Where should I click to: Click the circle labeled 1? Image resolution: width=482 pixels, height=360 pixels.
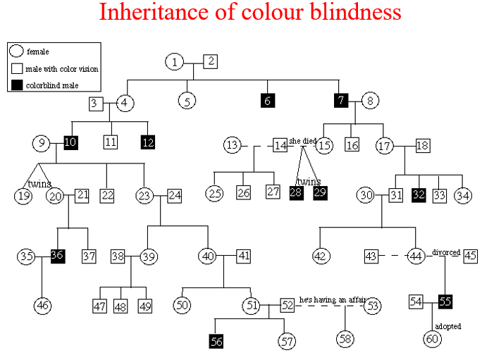(175, 63)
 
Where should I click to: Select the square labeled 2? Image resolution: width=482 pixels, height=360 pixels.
(210, 61)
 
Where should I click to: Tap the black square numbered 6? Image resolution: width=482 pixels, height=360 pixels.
(266, 101)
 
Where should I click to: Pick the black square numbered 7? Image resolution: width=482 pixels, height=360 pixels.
(341, 100)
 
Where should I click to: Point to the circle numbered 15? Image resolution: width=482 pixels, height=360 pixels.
(324, 146)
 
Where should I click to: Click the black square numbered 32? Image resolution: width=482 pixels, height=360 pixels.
(419, 194)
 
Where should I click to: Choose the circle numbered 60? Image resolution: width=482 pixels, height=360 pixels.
(432, 339)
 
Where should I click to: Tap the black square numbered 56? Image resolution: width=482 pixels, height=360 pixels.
(217, 342)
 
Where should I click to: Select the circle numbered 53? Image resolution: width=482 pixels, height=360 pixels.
(373, 305)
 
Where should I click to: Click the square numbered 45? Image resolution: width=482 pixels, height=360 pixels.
(471, 256)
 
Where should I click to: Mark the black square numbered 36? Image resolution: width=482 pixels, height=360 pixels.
(58, 256)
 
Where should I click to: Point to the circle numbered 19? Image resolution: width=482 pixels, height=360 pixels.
(24, 195)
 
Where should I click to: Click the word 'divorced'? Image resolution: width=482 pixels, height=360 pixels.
(445, 252)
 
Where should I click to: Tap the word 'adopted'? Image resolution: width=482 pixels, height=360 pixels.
(448, 327)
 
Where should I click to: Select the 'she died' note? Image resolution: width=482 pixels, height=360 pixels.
(302, 140)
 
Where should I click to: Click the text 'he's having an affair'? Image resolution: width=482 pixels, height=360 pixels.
(332, 299)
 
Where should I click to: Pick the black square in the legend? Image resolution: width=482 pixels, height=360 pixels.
(17, 85)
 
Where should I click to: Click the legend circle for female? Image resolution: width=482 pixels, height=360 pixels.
(17, 51)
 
